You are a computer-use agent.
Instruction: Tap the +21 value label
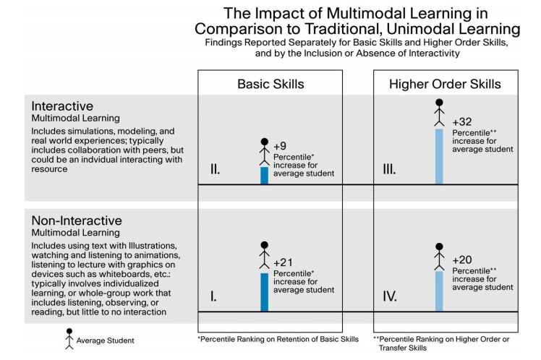click(x=283, y=262)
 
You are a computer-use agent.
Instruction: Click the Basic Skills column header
click(x=270, y=84)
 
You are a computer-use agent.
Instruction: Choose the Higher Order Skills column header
click(x=446, y=84)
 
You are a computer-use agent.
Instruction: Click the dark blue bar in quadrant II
click(x=264, y=176)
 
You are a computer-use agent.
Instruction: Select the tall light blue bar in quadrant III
click(x=439, y=156)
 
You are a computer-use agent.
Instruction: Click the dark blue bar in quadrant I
click(x=264, y=291)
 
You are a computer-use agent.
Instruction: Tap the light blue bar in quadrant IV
click(x=439, y=291)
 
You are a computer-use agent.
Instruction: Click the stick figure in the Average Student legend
click(x=69, y=338)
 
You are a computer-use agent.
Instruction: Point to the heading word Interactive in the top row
click(x=62, y=106)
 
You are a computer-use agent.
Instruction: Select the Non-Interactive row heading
click(x=77, y=220)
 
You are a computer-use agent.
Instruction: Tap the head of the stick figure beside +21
click(x=264, y=245)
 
